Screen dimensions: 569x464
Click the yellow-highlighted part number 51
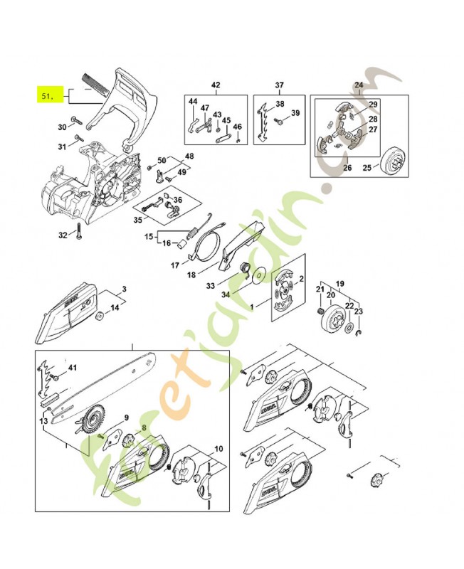[47, 94]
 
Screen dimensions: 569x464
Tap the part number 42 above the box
[216, 85]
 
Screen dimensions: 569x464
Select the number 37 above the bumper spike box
[280, 85]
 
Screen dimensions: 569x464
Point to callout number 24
[358, 85]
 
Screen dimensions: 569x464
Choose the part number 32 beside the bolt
[63, 235]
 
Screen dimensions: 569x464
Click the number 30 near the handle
[62, 127]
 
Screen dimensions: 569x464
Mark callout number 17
[174, 266]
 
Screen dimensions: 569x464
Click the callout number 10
[217, 449]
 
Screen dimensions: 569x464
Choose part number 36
[177, 201]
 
